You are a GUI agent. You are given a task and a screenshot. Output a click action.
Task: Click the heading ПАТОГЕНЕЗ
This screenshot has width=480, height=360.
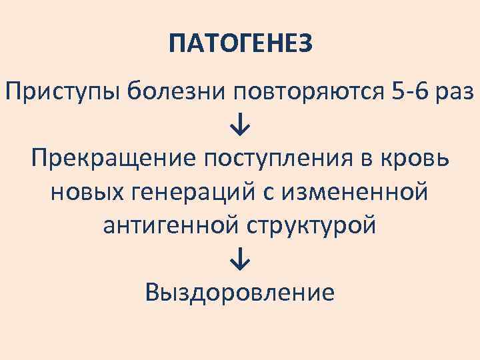(x=240, y=45)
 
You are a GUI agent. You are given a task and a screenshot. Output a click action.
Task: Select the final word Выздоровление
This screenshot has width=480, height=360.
(x=240, y=292)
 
